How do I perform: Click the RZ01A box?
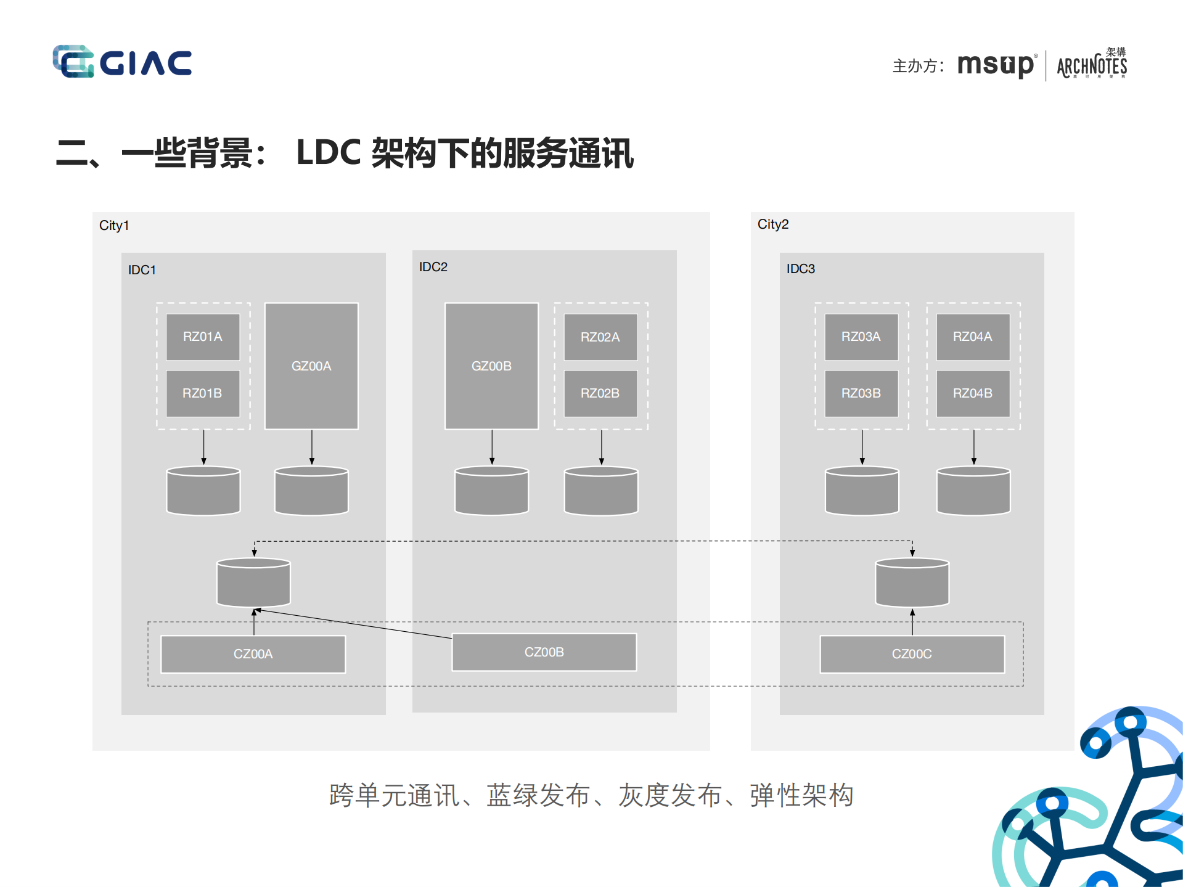coord(203,337)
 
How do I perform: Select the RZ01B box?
coord(203,393)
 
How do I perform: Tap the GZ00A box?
coord(311,366)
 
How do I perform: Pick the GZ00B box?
coord(491,366)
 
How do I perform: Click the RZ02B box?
coord(600,393)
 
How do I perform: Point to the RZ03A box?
coord(861,337)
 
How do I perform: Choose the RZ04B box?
coord(973,393)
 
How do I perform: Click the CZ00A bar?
coord(253,654)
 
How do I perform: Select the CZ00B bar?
coord(544,652)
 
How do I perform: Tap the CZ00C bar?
coord(912,654)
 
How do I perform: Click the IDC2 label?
coord(433,267)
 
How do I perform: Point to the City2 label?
coord(773,224)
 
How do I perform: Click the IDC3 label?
coord(800,269)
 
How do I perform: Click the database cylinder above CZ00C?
coord(912,582)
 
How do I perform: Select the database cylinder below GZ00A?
coord(311,491)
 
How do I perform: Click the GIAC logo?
coord(122,62)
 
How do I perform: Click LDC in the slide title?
coord(329,153)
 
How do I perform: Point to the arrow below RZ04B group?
coord(973,447)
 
